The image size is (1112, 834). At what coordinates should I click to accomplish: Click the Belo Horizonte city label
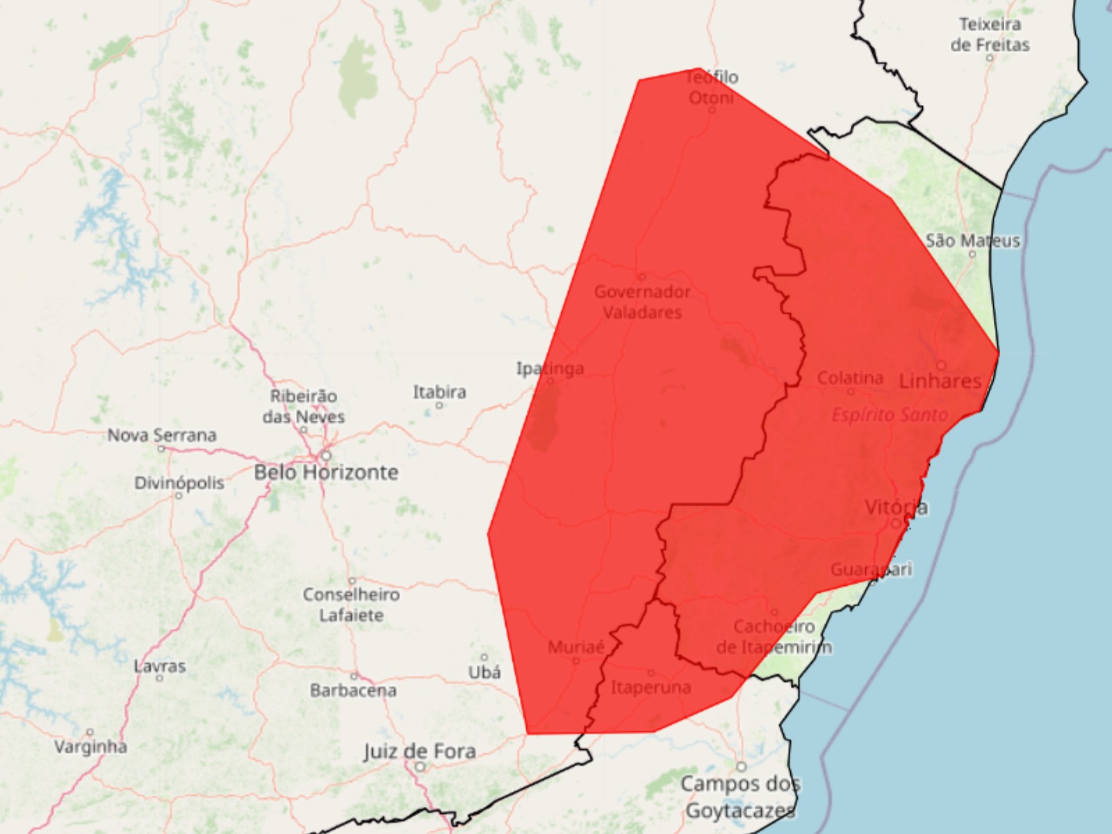(x=326, y=473)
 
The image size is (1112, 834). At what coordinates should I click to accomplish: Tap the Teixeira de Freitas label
(x=990, y=35)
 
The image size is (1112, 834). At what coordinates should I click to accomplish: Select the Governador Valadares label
(x=642, y=302)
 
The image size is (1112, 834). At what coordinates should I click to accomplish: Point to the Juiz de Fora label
(x=420, y=751)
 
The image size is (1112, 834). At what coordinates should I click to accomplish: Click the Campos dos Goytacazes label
(x=740, y=797)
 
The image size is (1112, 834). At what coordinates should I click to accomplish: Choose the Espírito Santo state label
(x=890, y=415)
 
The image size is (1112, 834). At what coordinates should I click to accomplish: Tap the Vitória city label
(x=896, y=507)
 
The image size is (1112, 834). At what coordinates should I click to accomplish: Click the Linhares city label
(x=940, y=380)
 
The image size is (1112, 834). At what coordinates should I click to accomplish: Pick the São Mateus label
(x=973, y=240)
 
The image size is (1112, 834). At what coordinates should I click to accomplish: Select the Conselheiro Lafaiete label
(x=352, y=605)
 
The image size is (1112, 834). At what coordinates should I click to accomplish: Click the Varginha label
(x=90, y=747)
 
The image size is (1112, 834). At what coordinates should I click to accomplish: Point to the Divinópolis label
(x=179, y=482)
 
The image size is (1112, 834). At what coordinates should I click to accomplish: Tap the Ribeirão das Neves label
(x=304, y=406)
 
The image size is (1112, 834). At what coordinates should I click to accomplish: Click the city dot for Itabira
(x=439, y=405)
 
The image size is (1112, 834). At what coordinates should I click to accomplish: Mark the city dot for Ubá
(x=484, y=657)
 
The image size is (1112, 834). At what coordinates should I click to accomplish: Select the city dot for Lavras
(x=159, y=678)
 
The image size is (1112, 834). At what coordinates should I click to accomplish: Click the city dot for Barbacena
(x=354, y=676)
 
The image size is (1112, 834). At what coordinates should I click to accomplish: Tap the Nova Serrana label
(x=162, y=435)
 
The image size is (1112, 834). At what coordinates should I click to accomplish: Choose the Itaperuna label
(x=651, y=687)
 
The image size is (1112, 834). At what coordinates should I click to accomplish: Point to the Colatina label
(x=850, y=378)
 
